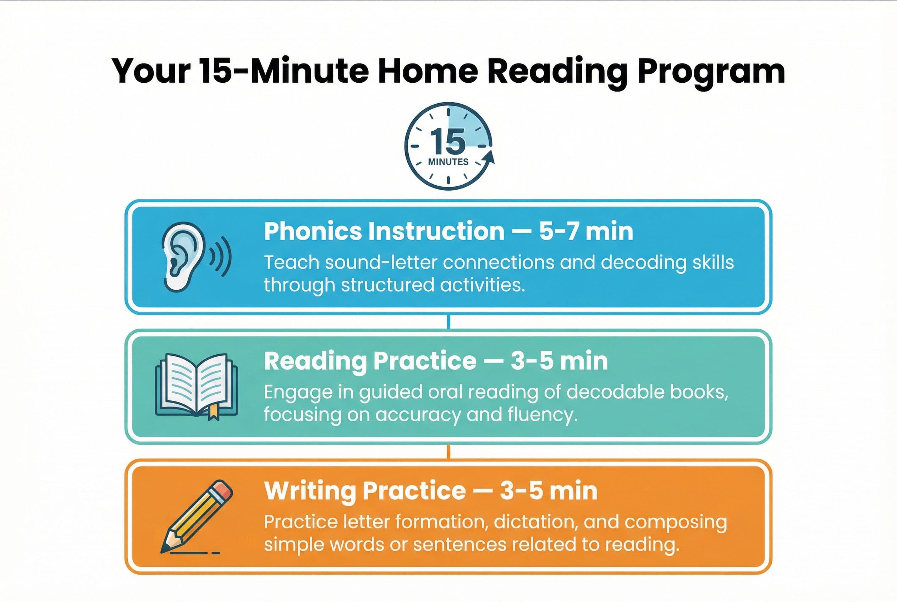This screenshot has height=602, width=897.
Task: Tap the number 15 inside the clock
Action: point(447,141)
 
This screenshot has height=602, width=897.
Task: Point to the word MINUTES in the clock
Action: point(448,162)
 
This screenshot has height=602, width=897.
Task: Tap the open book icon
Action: point(196,386)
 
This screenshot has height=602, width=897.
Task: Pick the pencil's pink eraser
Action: point(222,490)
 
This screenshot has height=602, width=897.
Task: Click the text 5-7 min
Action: point(586,231)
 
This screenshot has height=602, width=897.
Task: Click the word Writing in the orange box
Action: point(310,491)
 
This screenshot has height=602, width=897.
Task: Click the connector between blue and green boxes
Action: point(448,322)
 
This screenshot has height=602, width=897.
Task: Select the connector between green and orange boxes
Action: point(448,451)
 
